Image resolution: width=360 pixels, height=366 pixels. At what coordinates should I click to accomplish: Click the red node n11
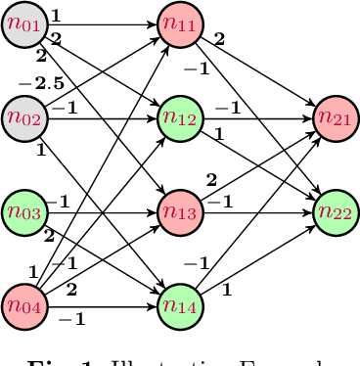pos(179,22)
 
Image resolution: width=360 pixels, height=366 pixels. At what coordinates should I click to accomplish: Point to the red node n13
pos(179,210)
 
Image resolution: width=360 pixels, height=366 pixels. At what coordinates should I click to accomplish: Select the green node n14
pos(179,305)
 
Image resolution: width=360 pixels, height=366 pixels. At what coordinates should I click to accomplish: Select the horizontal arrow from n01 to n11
pos(108,22)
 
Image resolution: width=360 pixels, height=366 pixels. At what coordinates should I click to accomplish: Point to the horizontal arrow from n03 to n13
pos(108,210)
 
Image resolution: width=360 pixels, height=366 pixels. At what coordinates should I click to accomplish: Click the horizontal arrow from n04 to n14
pos(108,305)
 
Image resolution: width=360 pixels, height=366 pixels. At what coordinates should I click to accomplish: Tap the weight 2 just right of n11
pos(219,40)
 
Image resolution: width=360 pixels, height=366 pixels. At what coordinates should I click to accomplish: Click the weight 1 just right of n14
pos(226,289)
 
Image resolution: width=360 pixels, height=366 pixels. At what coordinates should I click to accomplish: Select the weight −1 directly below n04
pos(71,319)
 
